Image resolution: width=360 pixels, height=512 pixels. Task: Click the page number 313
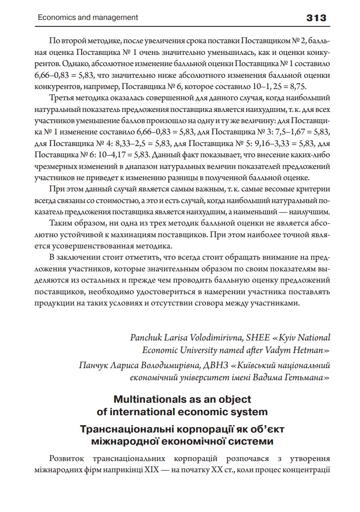point(316,18)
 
